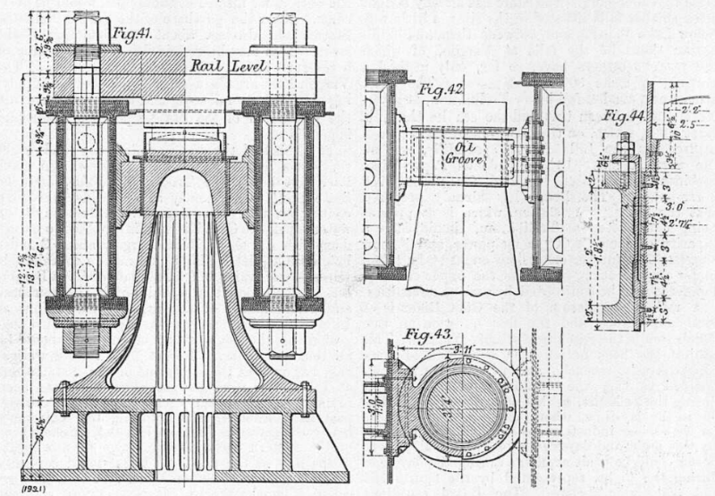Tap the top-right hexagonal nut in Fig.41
coord(282,30)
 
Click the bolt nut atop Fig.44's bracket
coord(623,143)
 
